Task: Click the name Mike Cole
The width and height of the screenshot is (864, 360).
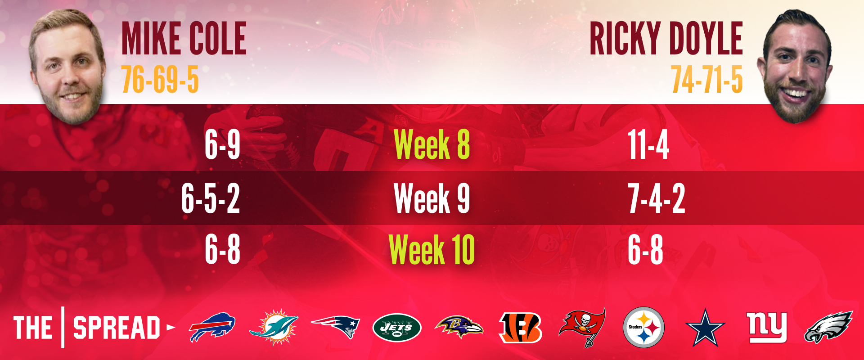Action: (x=184, y=39)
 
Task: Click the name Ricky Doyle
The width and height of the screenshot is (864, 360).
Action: (x=666, y=39)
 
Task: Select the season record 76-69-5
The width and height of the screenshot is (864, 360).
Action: (x=160, y=80)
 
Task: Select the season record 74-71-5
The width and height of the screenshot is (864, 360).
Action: (x=707, y=80)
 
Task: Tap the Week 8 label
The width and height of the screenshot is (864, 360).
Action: (x=432, y=144)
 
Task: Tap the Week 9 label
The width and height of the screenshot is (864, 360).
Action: (x=432, y=198)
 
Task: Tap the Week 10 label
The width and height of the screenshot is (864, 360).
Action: (x=432, y=249)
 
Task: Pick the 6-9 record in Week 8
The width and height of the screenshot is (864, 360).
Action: (x=222, y=144)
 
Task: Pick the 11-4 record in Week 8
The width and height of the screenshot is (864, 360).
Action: (x=648, y=144)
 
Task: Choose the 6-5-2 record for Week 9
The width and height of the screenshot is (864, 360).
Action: (x=211, y=198)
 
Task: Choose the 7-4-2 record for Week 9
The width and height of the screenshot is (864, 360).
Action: (x=657, y=198)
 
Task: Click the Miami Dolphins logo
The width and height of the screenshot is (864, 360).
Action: (x=274, y=327)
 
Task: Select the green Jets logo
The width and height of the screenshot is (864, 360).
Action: (x=397, y=327)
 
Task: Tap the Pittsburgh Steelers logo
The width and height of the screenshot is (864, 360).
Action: (x=643, y=327)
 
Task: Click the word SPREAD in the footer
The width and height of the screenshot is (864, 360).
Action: (x=117, y=327)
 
